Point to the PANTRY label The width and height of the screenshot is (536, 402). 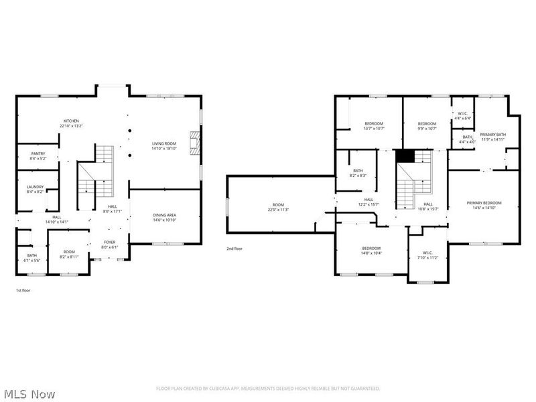(38, 156)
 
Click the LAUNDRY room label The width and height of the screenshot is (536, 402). (35, 189)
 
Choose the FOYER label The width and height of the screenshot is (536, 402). (109, 244)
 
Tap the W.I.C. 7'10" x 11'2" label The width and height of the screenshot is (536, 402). (427, 255)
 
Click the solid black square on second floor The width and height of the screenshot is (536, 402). (405, 156)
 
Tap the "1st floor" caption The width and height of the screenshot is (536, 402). (23, 290)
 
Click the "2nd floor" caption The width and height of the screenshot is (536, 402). (234, 248)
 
